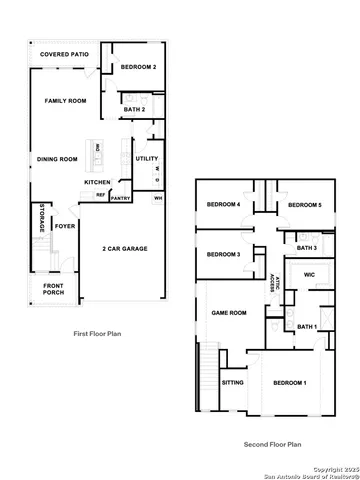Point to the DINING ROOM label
[x=57, y=158]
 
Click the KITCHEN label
[x=97, y=182]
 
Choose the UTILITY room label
[x=146, y=158]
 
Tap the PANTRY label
[x=121, y=198]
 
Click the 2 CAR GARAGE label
[x=126, y=249]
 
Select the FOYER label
[x=65, y=227]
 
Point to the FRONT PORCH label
[x=54, y=290]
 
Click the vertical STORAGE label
[x=42, y=218]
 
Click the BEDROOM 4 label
[x=222, y=205]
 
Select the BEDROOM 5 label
[x=303, y=205]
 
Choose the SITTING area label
[x=232, y=382]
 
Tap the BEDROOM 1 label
[x=290, y=384]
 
